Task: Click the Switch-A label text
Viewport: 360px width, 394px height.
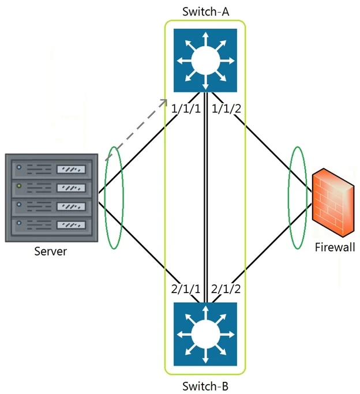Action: pyautogui.click(x=205, y=11)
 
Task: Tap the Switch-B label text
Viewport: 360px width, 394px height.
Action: pyautogui.click(x=205, y=385)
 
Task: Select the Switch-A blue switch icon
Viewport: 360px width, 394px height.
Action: pyautogui.click(x=205, y=60)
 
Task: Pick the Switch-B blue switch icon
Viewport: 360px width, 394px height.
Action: pyautogui.click(x=205, y=334)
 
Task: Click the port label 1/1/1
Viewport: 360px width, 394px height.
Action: pyautogui.click(x=186, y=108)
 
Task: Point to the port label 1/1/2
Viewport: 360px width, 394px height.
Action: pyautogui.click(x=226, y=108)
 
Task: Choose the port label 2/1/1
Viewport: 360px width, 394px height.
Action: pyautogui.click(x=186, y=288)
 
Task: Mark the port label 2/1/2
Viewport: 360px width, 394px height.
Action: pyautogui.click(x=226, y=288)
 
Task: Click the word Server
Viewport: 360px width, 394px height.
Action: pyautogui.click(x=50, y=252)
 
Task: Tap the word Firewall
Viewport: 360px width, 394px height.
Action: pyautogui.click(x=335, y=248)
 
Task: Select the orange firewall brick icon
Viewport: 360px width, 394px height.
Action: pyautogui.click(x=332, y=205)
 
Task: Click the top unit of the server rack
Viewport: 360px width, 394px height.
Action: pyautogui.click(x=51, y=169)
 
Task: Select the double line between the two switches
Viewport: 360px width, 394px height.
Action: pyautogui.click(x=205, y=196)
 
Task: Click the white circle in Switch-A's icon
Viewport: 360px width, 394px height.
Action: pyautogui.click(x=205, y=60)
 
